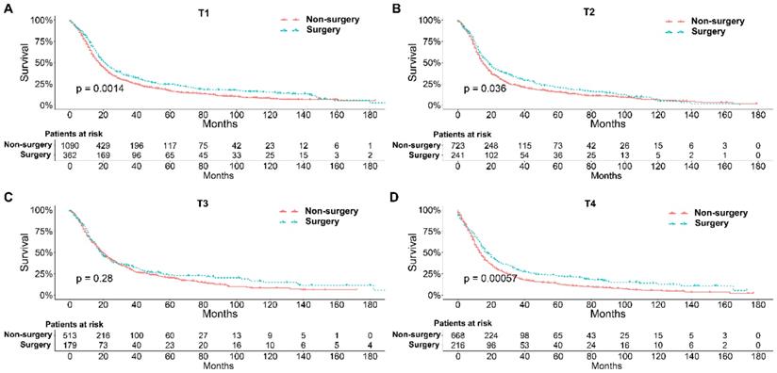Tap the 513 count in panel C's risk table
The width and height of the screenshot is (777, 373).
click(x=70, y=336)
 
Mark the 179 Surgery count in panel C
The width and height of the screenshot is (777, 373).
click(x=70, y=347)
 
